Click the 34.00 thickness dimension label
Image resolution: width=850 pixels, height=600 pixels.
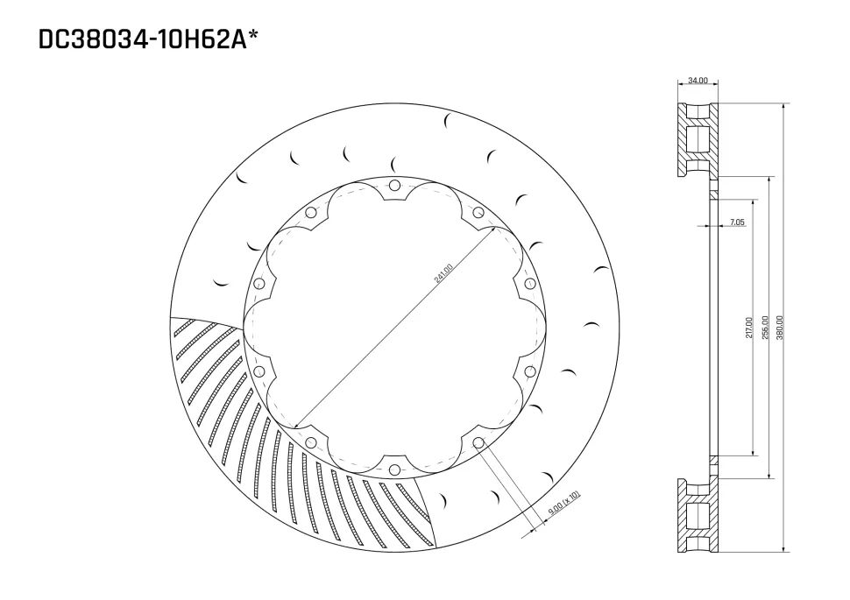coord(698,81)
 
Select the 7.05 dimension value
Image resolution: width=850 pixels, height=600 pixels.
coord(736,222)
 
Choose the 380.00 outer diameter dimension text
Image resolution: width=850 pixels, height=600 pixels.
coord(780,329)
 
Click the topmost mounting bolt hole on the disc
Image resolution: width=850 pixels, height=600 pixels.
coord(394,185)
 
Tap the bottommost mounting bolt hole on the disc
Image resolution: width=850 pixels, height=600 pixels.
coord(394,470)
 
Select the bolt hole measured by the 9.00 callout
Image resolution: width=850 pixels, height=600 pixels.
coord(478,443)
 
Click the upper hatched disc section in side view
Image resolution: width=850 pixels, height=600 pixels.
coord(698,138)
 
